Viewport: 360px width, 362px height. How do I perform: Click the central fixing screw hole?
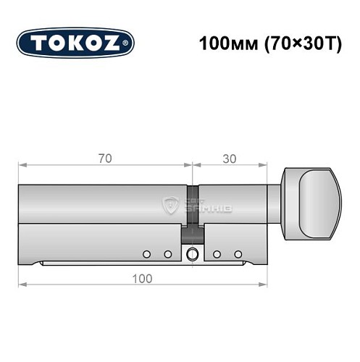192,254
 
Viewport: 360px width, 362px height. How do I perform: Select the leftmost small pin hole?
146,254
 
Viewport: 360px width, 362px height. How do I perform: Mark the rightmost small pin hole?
238,254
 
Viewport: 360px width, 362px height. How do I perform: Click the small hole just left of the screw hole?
167,254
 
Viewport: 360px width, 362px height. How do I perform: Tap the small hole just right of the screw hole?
217,254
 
